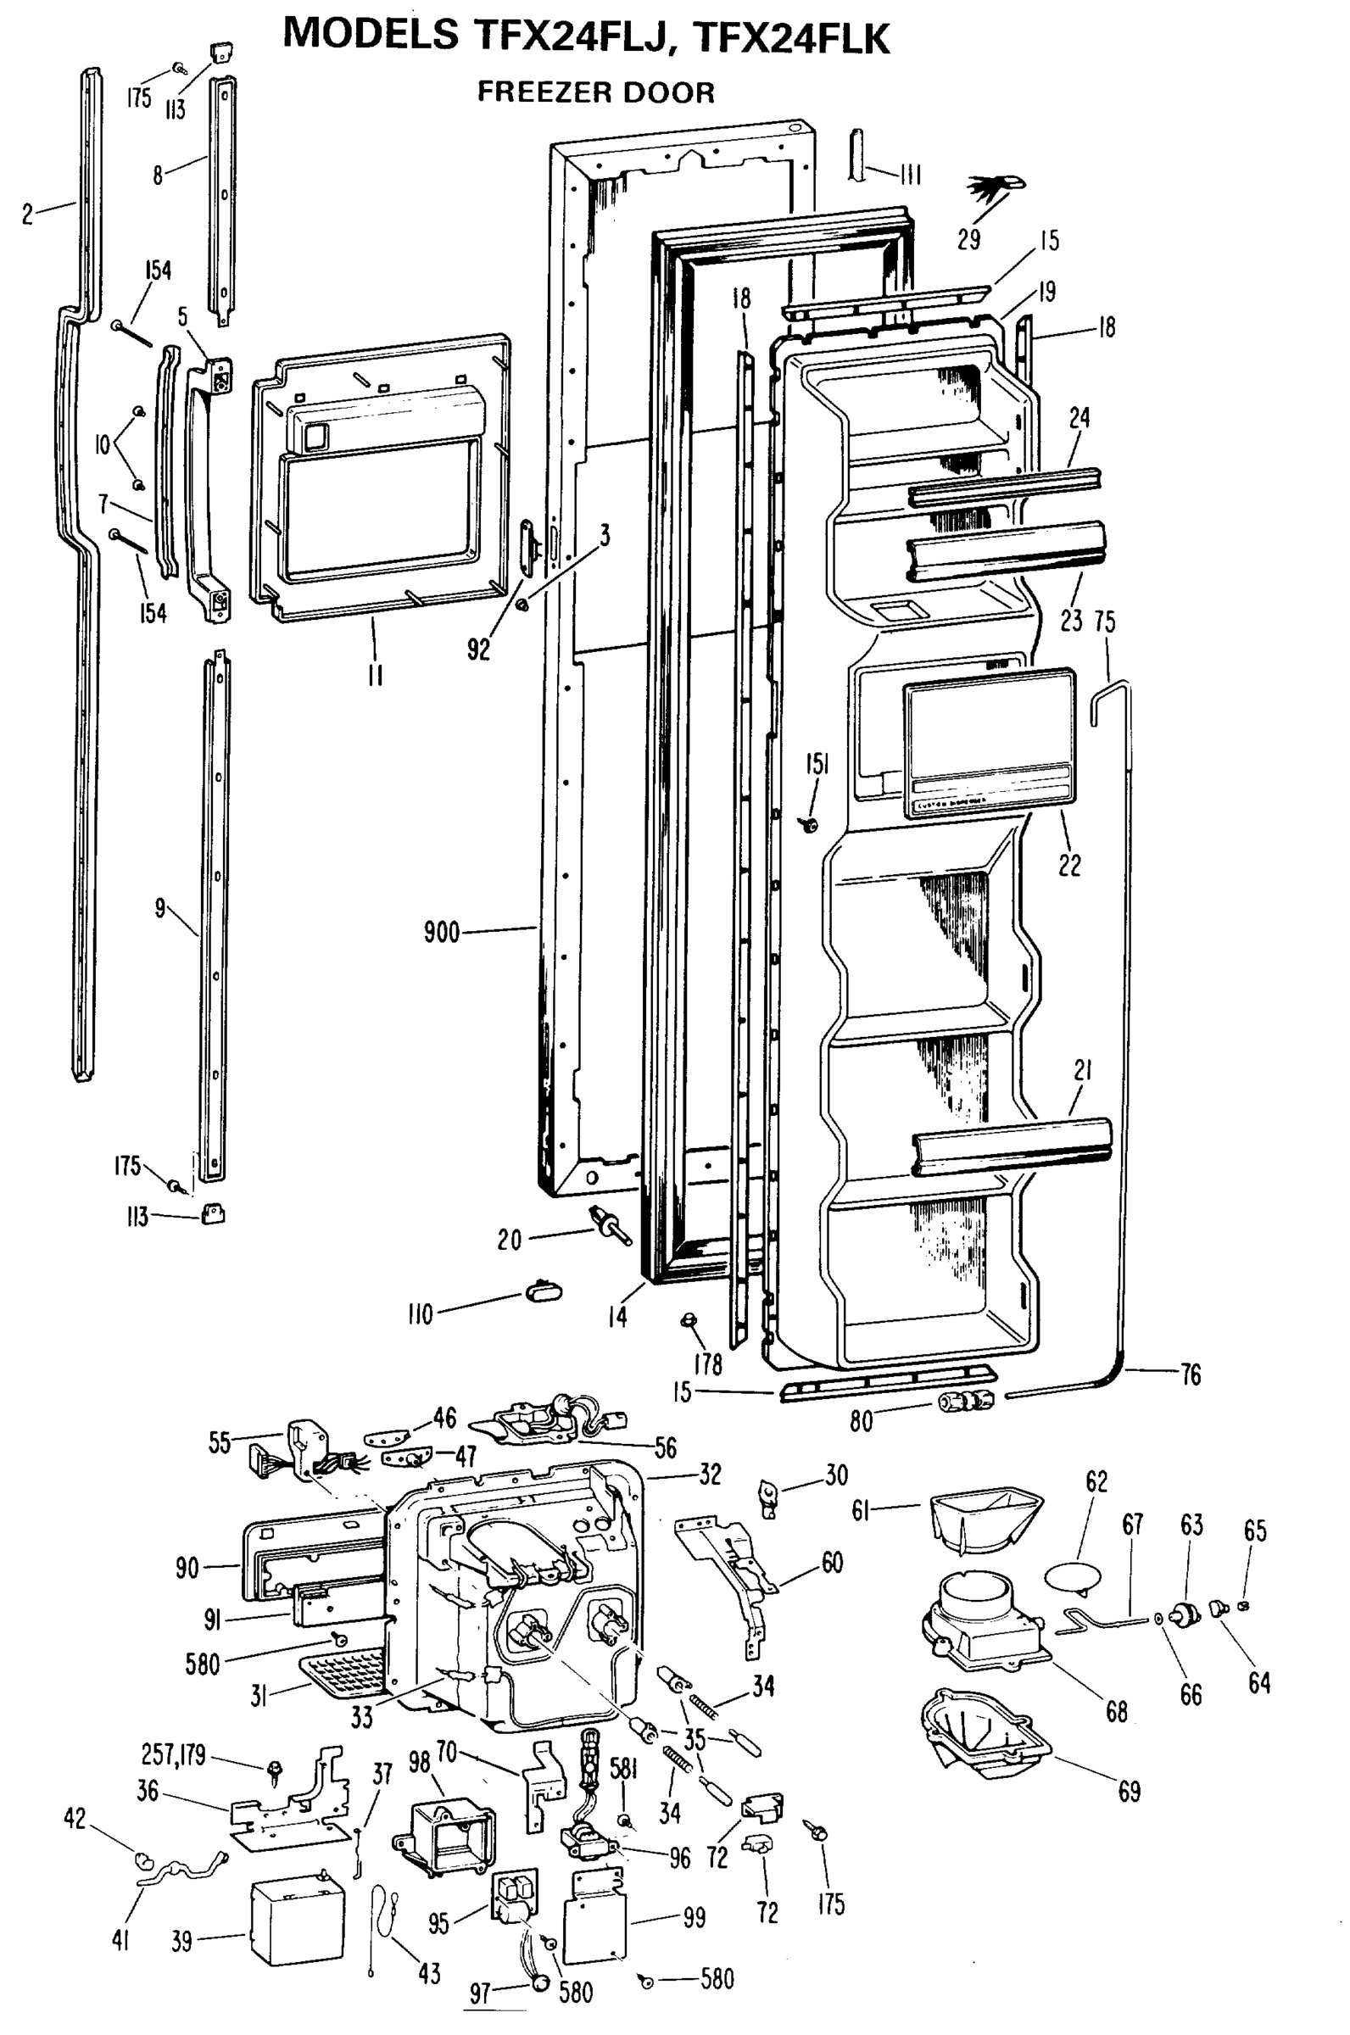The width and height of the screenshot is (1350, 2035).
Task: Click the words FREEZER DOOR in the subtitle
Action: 596,92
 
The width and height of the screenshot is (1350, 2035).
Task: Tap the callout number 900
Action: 442,932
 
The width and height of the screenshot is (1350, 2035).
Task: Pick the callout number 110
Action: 420,1314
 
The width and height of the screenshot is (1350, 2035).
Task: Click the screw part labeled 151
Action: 809,825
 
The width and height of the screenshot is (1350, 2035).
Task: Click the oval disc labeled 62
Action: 1072,1576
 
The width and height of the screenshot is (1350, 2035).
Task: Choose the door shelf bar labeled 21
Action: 1011,1146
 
